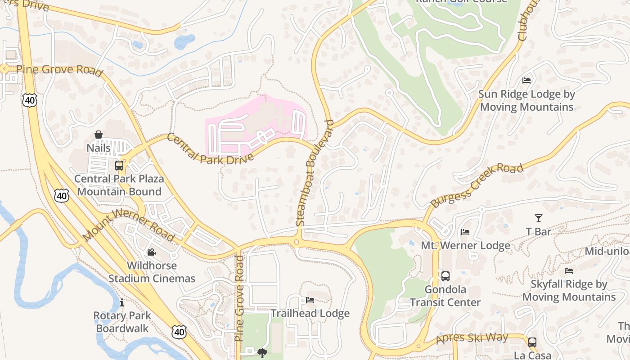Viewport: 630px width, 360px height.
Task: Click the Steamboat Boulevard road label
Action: (315, 173)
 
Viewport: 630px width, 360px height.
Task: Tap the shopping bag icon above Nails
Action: (99, 135)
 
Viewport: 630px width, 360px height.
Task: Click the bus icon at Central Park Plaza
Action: (119, 166)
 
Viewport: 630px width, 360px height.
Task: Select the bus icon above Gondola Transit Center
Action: (445, 276)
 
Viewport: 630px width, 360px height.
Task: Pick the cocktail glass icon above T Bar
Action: (538, 218)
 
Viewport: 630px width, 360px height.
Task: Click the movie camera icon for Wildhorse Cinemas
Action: (152, 252)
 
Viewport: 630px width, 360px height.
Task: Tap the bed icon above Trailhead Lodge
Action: (310, 300)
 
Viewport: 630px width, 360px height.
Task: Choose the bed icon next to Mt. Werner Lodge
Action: (465, 232)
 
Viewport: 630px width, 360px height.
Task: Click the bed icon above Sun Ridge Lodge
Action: (526, 81)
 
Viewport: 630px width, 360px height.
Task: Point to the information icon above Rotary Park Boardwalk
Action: (121, 302)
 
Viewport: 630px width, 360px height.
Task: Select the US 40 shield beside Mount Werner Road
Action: (62, 195)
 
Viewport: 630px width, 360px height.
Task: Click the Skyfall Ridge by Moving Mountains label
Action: (569, 291)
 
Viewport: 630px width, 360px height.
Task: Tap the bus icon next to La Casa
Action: (532, 342)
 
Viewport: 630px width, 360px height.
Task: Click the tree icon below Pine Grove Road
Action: (262, 353)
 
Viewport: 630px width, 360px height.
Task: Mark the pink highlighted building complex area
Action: (256, 124)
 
